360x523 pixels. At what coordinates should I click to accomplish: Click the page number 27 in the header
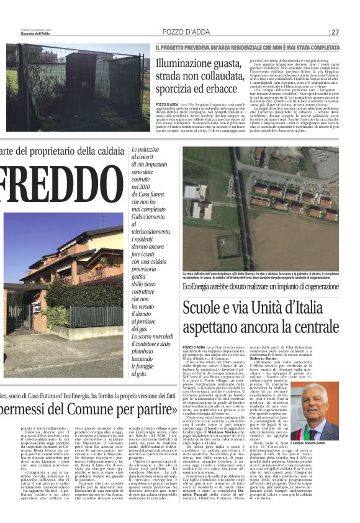click(x=335, y=32)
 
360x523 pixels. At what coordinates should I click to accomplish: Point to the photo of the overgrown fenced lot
click(x=78, y=87)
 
